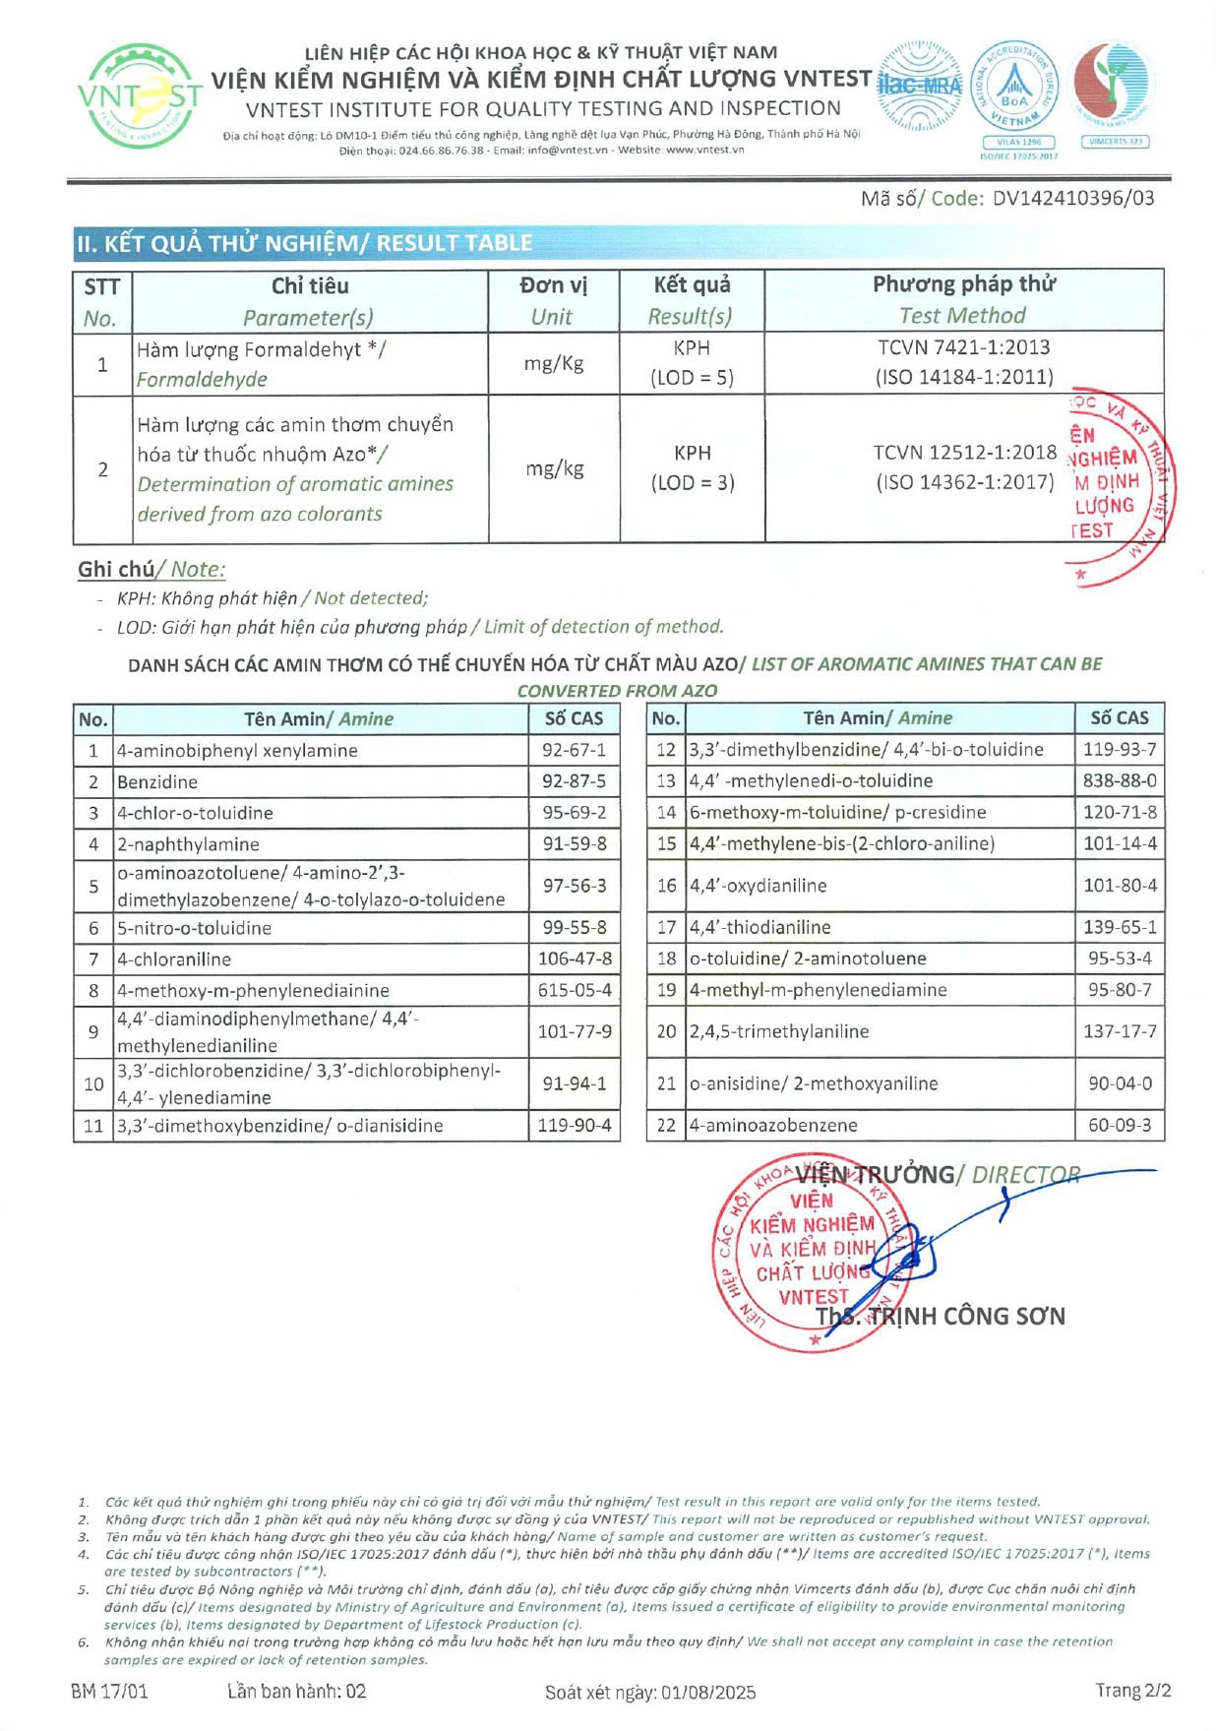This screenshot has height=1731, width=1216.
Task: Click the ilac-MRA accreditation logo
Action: click(917, 86)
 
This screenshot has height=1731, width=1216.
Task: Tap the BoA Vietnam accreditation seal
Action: click(1014, 91)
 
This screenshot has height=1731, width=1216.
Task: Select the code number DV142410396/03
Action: click(1072, 198)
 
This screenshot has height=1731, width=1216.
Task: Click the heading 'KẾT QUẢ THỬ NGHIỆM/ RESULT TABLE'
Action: click(304, 243)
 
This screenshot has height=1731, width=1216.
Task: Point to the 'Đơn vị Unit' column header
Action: click(553, 300)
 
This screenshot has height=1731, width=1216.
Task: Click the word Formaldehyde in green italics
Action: click(202, 379)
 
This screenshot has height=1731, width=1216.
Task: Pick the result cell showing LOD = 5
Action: click(692, 377)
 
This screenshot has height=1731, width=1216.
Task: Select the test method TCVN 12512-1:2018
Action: click(964, 452)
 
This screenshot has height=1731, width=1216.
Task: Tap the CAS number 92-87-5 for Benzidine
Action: click(574, 781)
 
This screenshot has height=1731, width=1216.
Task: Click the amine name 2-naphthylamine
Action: click(188, 844)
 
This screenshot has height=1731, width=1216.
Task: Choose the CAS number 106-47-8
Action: click(574, 958)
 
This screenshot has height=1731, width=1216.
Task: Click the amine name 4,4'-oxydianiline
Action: click(758, 886)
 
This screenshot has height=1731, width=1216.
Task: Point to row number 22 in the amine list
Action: click(666, 1125)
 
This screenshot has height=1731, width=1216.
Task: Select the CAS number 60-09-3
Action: click(1120, 1125)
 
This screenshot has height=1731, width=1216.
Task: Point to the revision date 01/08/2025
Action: click(708, 1692)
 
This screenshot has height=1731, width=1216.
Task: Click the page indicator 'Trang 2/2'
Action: click(1133, 1691)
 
